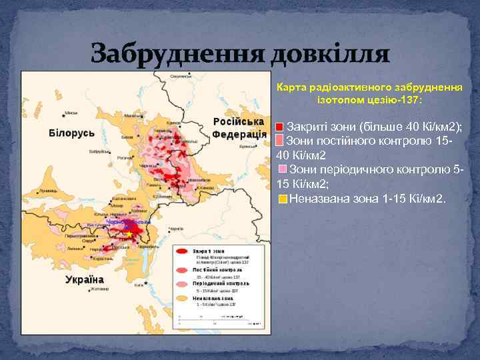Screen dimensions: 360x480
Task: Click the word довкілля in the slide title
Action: point(329,52)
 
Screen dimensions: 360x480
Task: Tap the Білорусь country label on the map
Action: point(71,133)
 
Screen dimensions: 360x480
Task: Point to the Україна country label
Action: point(85,279)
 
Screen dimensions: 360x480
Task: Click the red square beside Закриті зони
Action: point(280,127)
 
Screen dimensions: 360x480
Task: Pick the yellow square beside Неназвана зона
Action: point(283,199)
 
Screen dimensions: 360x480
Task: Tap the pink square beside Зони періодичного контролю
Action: point(283,169)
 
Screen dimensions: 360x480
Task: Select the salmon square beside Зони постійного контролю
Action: point(280,140)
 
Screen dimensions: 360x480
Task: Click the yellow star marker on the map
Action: point(129,234)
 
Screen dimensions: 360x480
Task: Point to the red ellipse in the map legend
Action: point(182,253)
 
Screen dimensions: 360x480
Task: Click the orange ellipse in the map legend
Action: point(182,301)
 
